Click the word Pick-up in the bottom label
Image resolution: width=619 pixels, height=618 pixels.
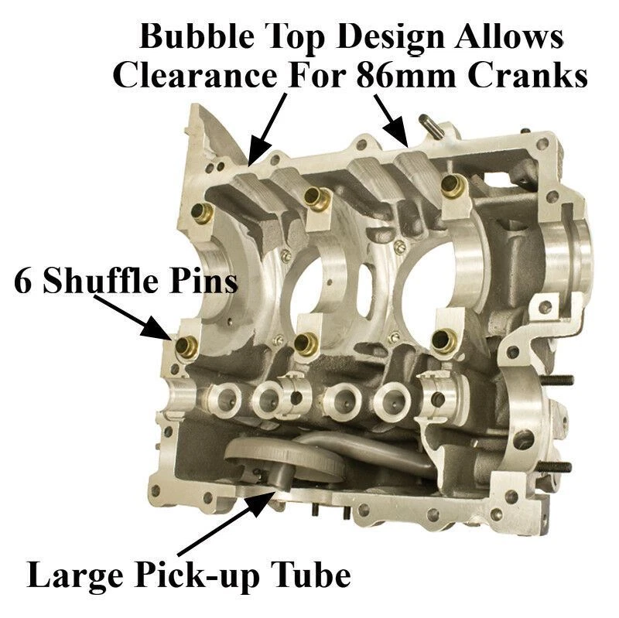click(x=210, y=576)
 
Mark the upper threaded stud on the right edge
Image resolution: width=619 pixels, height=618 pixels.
click(x=559, y=380)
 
